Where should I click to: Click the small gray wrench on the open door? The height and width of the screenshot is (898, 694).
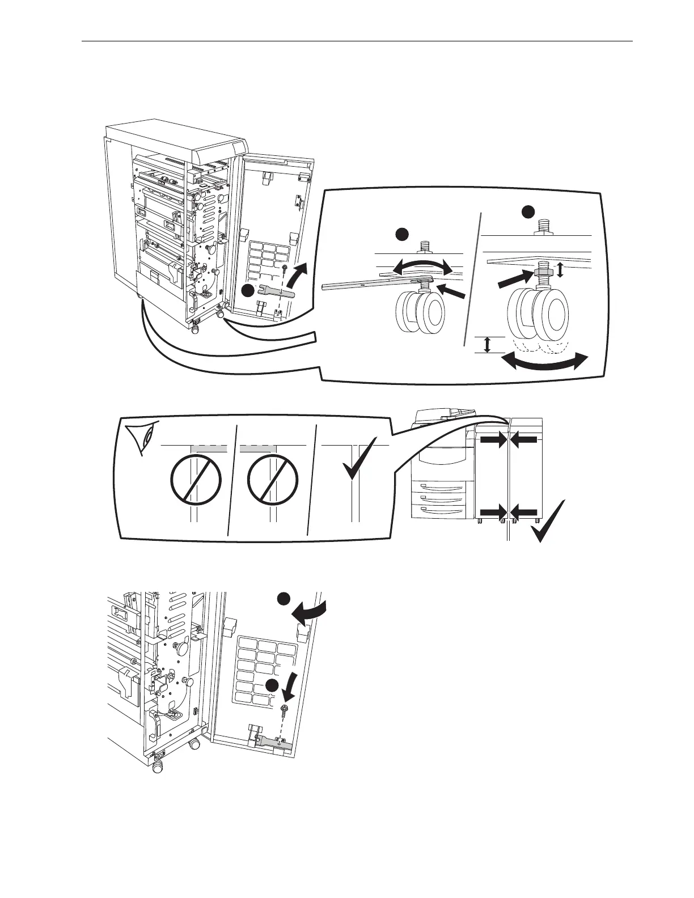click(x=275, y=294)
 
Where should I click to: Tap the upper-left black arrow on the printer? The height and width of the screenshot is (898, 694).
click(x=492, y=440)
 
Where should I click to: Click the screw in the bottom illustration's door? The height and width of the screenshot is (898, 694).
click(x=283, y=709)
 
